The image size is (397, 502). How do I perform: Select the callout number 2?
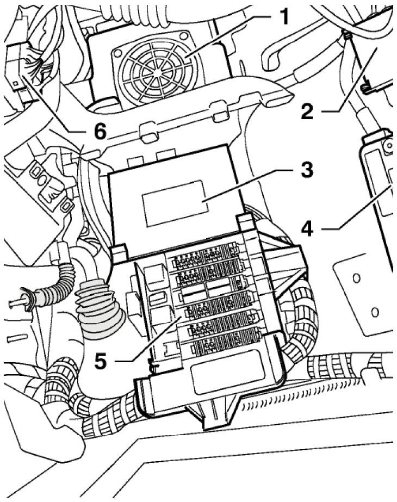click(307, 111)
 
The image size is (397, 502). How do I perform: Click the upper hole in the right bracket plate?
click(356, 278)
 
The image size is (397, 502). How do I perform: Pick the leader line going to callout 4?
click(359, 209)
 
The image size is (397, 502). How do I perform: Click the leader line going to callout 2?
click(353, 82)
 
